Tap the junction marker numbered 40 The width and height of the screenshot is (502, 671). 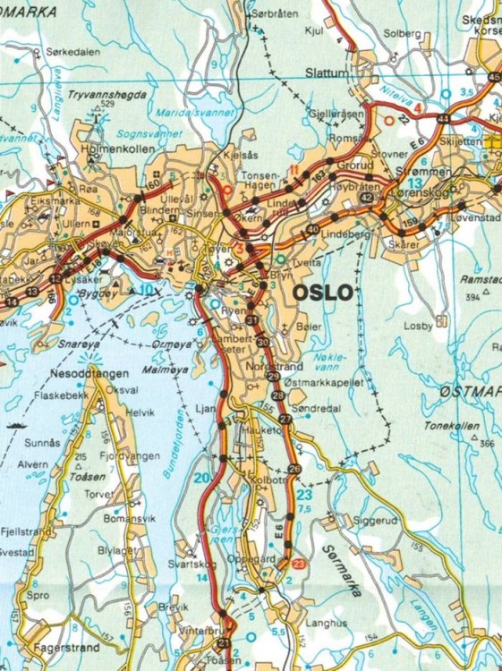312,230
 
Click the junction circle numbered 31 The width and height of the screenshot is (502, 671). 252,320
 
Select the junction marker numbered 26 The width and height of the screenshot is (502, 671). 294,470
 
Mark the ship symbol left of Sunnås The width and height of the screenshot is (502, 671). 15,427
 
